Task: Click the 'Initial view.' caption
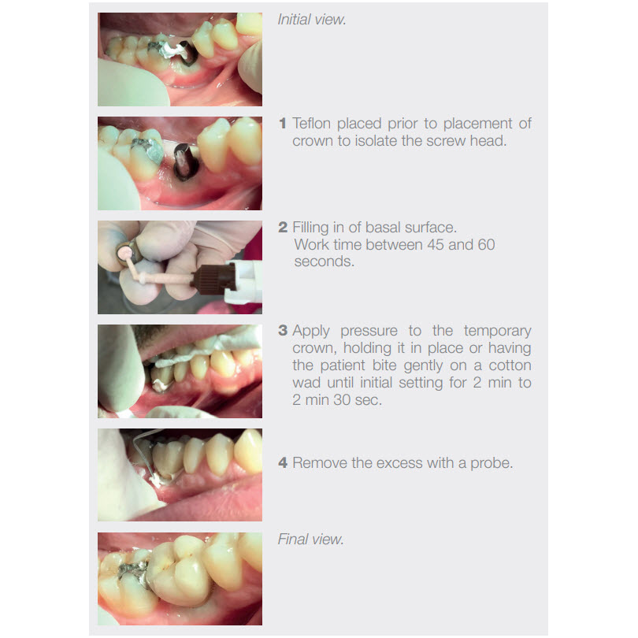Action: click(x=312, y=20)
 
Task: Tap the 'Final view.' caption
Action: click(x=310, y=539)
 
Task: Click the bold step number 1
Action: click(x=283, y=124)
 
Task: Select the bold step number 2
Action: click(x=283, y=227)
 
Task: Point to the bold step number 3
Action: click(x=283, y=330)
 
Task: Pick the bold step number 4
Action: click(x=283, y=462)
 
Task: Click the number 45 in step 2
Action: click(x=436, y=244)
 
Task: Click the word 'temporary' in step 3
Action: click(x=498, y=331)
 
